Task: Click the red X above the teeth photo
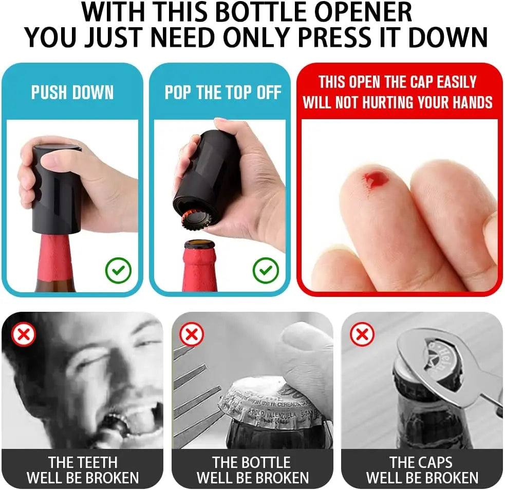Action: pyautogui.click(x=23, y=334)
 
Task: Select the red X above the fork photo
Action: pyautogui.click(x=192, y=334)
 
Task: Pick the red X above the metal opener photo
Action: pyautogui.click(x=362, y=334)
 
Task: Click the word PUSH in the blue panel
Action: pyautogui.click(x=49, y=92)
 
